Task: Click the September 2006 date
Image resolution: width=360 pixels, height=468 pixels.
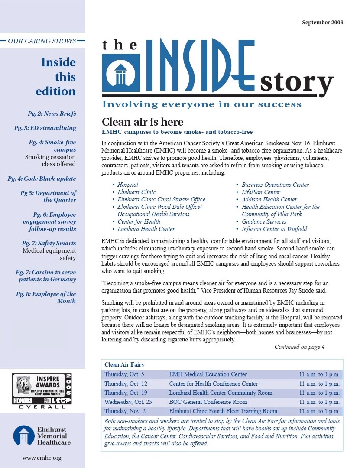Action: click(x=322, y=22)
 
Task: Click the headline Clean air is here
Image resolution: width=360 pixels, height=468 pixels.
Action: click(x=142, y=122)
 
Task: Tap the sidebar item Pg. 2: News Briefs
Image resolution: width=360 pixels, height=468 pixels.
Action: click(x=51, y=114)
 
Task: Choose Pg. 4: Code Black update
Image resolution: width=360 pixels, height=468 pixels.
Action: click(x=42, y=179)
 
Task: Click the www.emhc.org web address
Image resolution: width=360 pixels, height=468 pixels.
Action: click(x=42, y=458)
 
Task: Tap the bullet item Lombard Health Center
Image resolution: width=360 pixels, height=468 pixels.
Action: click(x=146, y=229)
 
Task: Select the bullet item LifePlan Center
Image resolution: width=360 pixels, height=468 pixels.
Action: click(x=261, y=192)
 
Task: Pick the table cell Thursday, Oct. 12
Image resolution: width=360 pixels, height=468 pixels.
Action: click(x=126, y=383)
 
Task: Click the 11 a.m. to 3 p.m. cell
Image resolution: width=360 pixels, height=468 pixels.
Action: click(x=319, y=374)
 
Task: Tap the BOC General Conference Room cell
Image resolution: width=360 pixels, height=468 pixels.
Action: click(x=208, y=402)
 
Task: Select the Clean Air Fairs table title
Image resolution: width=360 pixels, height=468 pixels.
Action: click(x=124, y=365)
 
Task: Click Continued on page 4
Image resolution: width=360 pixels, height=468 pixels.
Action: click(x=299, y=347)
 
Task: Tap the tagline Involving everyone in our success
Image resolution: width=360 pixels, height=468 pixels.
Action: click(x=201, y=104)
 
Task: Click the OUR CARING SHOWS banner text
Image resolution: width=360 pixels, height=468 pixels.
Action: click(x=42, y=41)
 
